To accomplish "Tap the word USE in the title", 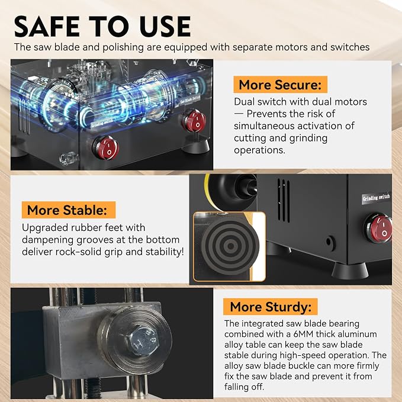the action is pyautogui.click(x=165, y=26).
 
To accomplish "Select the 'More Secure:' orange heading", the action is pyautogui.click(x=280, y=85).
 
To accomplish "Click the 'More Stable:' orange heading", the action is pyautogui.click(x=69, y=210).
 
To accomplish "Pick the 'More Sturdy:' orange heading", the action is pyautogui.click(x=271, y=307).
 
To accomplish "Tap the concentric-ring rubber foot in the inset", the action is pyautogui.click(x=230, y=246).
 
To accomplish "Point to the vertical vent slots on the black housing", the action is pyautogui.click(x=284, y=201).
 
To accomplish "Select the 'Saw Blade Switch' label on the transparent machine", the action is pyautogui.click(x=190, y=99).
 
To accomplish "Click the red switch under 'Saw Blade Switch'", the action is pyautogui.click(x=194, y=121).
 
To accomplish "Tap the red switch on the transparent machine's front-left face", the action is pyautogui.click(x=106, y=148).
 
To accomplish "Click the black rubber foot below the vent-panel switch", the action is pyautogui.click(x=350, y=271).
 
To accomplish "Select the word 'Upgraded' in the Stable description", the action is pyautogui.click(x=44, y=228).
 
